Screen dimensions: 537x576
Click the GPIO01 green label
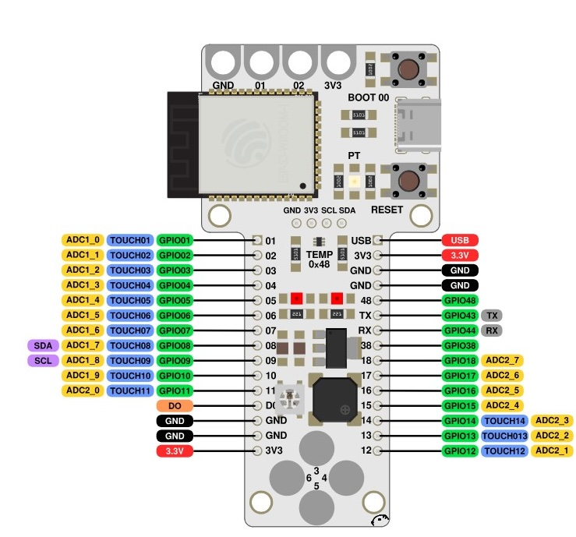175,240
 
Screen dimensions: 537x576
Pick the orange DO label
175,406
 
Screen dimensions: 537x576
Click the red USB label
460,240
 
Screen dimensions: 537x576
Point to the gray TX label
492,316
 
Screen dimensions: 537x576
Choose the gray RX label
492,330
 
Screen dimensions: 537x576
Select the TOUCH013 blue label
504,436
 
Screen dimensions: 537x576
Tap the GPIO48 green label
460,301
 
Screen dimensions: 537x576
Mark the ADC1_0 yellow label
83,240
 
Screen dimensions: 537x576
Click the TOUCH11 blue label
129,390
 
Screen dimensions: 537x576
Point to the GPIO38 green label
460,345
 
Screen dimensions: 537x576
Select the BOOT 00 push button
408,69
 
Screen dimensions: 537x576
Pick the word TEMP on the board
320,255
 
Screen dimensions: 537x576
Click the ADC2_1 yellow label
553,451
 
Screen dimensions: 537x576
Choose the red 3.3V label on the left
175,451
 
